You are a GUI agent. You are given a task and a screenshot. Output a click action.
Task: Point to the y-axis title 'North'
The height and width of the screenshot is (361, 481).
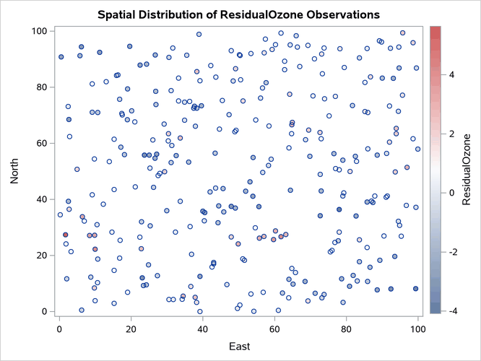click(x=14, y=170)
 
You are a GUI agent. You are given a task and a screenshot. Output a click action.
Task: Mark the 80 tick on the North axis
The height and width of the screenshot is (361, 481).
click(x=42, y=87)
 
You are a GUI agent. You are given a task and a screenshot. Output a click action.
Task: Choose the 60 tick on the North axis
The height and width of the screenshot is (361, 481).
click(x=42, y=143)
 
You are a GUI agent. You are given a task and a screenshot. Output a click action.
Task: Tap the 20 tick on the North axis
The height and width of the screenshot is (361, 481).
click(x=42, y=256)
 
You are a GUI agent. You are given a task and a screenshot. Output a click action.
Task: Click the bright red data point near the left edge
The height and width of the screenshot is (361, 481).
click(x=65, y=235)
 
